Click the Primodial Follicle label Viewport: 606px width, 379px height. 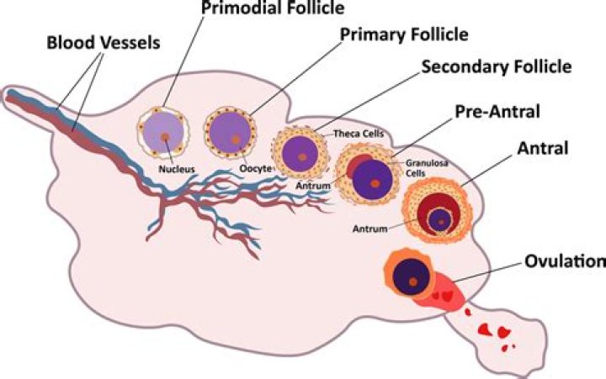tap(273, 7)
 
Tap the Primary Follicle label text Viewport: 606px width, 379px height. tap(404, 34)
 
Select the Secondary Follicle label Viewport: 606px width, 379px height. tap(497, 66)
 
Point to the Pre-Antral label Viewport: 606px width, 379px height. tap(497, 112)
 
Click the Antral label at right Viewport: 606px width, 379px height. tap(543, 148)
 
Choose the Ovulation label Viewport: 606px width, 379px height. tap(565, 261)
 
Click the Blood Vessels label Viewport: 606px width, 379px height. tap(104, 43)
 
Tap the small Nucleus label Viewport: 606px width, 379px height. tap(177, 169)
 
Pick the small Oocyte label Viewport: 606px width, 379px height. tap(256, 169)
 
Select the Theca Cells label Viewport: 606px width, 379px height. tap(359, 134)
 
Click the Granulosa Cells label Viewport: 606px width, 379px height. tap(427, 168)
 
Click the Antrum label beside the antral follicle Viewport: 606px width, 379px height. tap(369, 229)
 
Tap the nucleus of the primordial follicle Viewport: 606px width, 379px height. tap(165, 137)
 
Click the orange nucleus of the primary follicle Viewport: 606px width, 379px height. tap(236, 139)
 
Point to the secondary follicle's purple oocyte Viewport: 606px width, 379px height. tap(300, 155)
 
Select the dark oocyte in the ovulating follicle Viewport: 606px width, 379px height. tap(412, 278)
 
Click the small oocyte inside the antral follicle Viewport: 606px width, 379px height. tap(440, 221)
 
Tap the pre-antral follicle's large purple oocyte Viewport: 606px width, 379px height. tap(373, 180)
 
